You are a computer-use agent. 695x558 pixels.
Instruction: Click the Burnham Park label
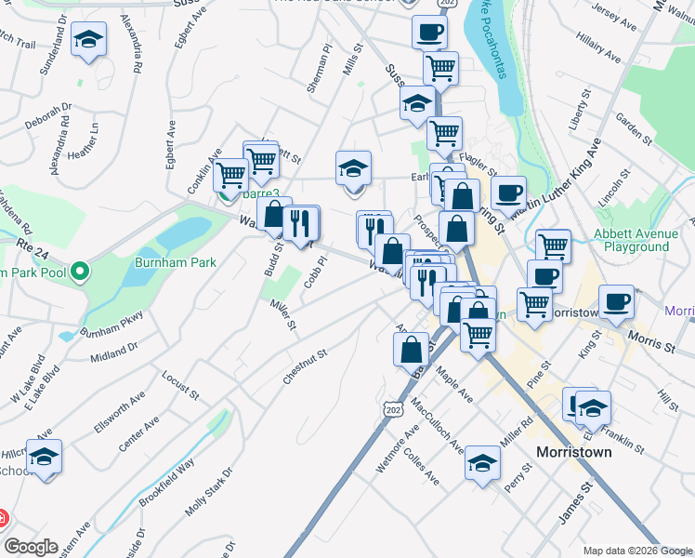(x=177, y=262)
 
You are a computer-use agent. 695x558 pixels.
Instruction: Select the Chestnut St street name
(x=306, y=367)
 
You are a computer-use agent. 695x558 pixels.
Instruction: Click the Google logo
(x=31, y=547)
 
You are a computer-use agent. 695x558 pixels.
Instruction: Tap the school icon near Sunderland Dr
(x=88, y=39)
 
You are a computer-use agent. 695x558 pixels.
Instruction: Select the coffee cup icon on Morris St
(x=616, y=303)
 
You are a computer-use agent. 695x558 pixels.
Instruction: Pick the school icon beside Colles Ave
(x=482, y=462)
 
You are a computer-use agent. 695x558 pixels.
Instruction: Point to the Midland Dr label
(x=114, y=351)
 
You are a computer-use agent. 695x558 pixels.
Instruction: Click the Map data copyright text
(x=636, y=550)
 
